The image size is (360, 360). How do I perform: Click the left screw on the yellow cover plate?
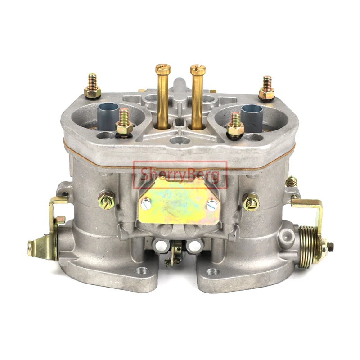point(146,203)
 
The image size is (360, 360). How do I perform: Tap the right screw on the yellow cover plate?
point(212,205)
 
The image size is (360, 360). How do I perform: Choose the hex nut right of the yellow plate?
point(251,202)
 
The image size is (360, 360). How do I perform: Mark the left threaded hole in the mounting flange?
point(143,271)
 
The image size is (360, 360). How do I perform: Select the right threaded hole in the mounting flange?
point(212,272)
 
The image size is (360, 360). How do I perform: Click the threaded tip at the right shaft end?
point(331,245)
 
